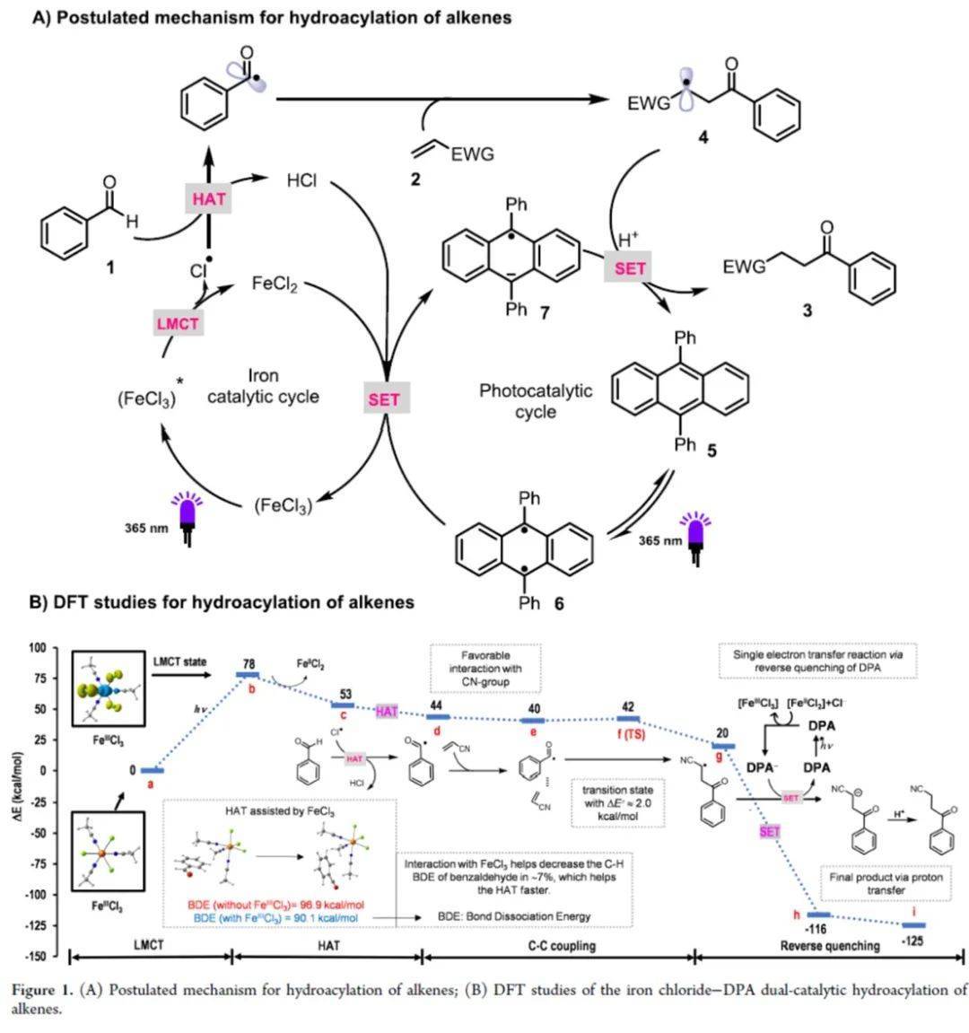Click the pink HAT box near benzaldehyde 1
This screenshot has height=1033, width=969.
coord(209,197)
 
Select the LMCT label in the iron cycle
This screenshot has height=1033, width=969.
coord(177,323)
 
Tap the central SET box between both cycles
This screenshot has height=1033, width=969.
coord(384,399)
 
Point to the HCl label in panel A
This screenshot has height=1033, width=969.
coord(302,180)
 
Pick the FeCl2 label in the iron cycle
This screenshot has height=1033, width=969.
coord(275,285)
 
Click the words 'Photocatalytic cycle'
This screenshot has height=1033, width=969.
coord(536,401)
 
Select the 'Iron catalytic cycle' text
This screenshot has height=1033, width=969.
coord(263,386)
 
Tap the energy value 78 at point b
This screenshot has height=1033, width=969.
coord(249,664)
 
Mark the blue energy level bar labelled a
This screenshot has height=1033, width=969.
coord(153,770)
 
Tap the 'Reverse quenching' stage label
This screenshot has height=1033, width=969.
coord(829,945)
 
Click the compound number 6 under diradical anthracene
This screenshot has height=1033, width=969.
coord(558,603)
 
